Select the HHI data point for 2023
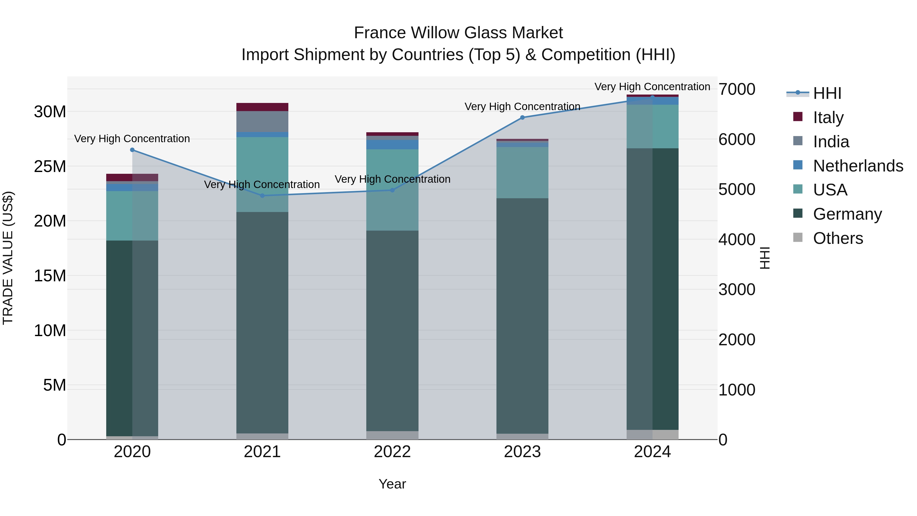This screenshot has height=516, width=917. click(x=522, y=117)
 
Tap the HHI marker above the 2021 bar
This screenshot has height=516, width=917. click(x=262, y=195)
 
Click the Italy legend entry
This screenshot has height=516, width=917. click(x=828, y=117)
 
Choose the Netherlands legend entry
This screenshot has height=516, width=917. click(x=858, y=166)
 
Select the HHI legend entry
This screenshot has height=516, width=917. click(x=827, y=93)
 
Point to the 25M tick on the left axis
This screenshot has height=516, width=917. click(x=50, y=166)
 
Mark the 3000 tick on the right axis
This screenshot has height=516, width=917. click(x=736, y=289)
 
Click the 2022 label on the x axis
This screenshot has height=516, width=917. click(x=392, y=452)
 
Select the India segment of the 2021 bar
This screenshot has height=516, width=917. click(x=262, y=122)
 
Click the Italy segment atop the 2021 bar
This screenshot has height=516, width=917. click(x=262, y=107)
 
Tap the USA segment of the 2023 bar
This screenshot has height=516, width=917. click(x=522, y=173)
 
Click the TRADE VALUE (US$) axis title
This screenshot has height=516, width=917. click(x=8, y=258)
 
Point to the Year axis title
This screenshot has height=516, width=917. click(x=392, y=484)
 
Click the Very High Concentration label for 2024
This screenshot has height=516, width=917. click(x=652, y=87)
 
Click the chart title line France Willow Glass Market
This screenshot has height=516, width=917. click(x=458, y=33)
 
